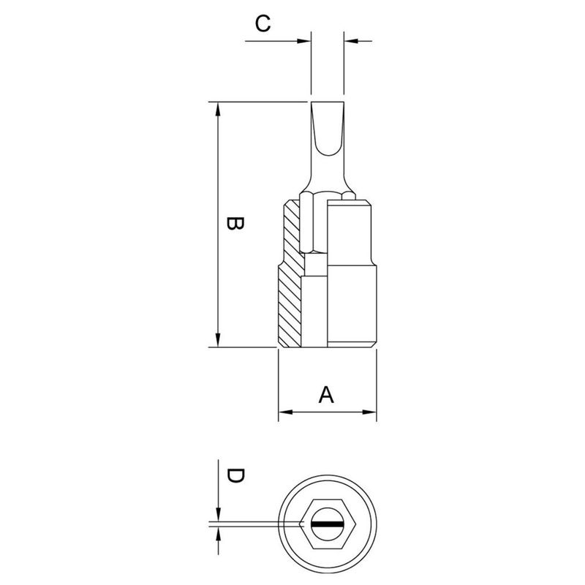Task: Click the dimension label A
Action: click(327, 395)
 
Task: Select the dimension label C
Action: click(263, 23)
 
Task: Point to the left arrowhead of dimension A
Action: click(285, 413)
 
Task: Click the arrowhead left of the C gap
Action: click(305, 40)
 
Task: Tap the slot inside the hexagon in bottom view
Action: click(328, 524)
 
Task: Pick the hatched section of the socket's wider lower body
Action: click(290, 307)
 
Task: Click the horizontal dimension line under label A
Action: click(327, 413)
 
